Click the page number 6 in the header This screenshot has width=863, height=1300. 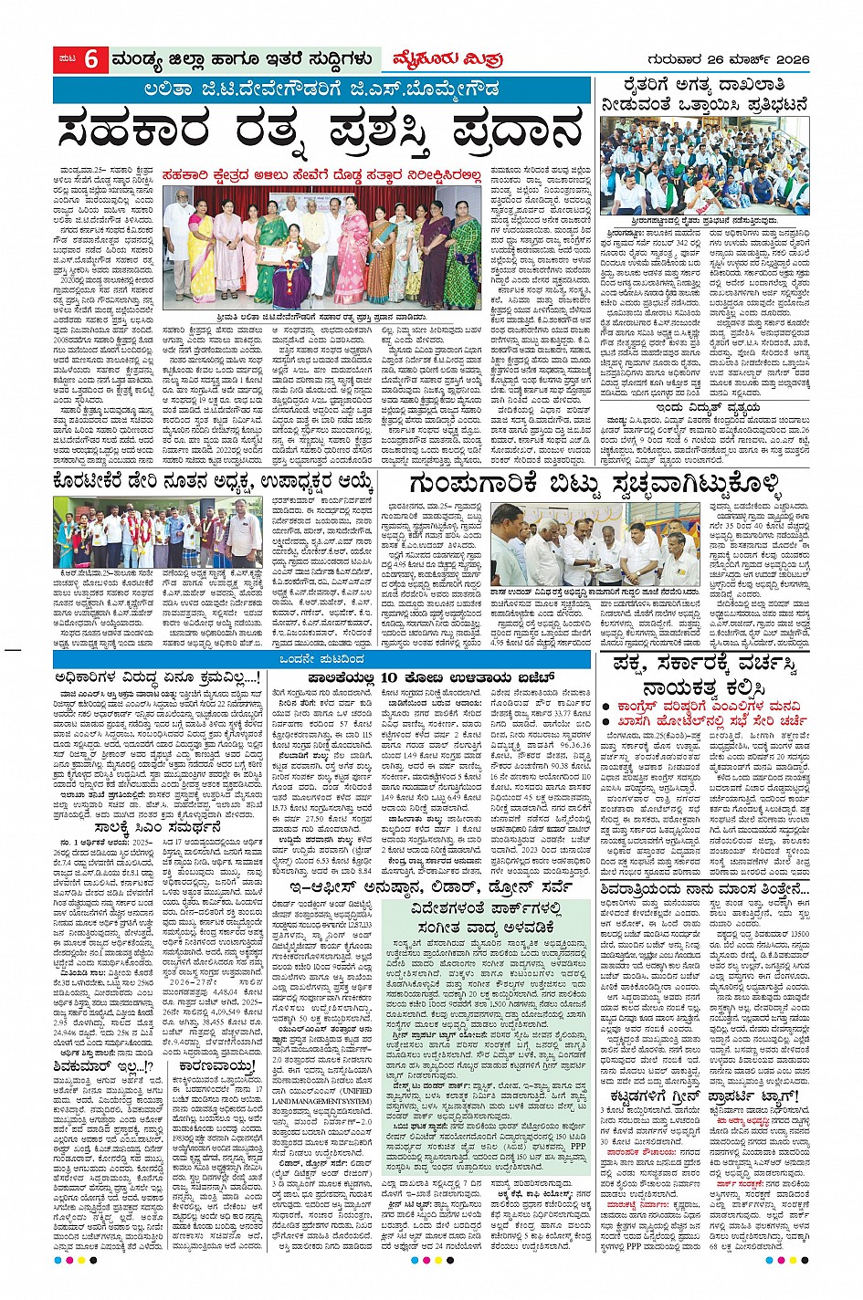coord(91,59)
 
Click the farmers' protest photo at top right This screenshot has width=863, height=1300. coord(705,167)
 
